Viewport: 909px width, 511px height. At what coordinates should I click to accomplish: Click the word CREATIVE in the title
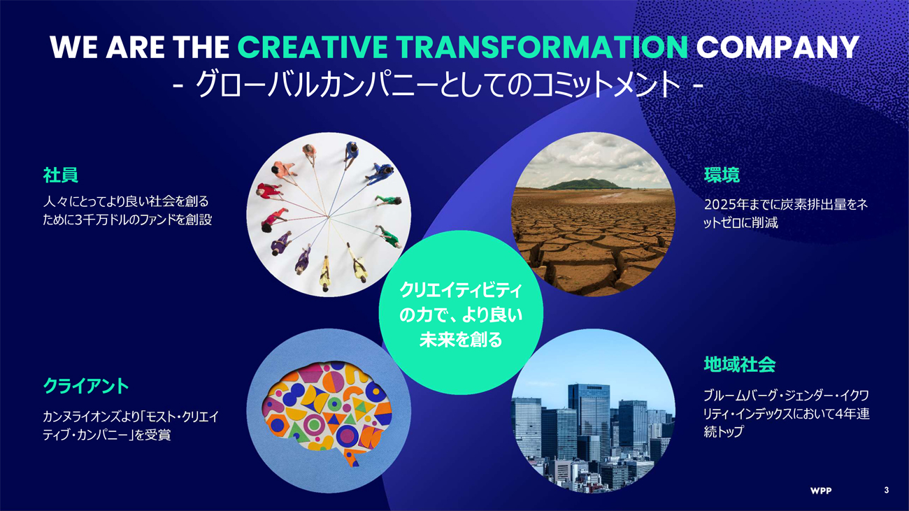click(313, 47)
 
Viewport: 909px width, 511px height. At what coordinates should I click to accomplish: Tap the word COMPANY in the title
click(778, 47)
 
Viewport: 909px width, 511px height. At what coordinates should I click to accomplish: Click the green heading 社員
click(60, 175)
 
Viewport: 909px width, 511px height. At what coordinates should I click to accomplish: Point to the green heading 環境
click(722, 175)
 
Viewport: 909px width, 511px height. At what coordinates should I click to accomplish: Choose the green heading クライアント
click(86, 386)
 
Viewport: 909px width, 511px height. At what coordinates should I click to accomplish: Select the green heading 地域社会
click(739, 364)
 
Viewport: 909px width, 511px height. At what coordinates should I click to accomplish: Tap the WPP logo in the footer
click(820, 491)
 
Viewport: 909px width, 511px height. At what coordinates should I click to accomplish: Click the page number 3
click(887, 490)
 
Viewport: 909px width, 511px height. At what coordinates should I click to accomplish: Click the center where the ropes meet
click(329, 217)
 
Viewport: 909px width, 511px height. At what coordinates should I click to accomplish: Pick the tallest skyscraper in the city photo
click(589, 422)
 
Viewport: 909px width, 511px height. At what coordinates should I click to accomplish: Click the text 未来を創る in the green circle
click(461, 340)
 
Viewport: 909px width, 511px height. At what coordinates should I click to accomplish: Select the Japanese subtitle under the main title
click(438, 85)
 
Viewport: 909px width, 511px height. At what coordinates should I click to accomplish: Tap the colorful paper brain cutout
click(327, 412)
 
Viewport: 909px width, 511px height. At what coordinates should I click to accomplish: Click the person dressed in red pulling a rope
click(268, 191)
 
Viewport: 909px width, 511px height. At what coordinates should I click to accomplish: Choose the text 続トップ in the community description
click(724, 431)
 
